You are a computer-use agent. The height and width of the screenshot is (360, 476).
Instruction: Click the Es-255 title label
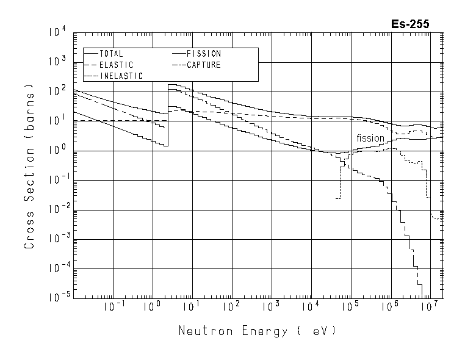pyautogui.click(x=410, y=24)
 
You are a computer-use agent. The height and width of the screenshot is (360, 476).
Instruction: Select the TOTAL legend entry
pyautogui.click(x=110, y=54)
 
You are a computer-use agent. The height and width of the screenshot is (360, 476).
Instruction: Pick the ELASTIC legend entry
pyautogui.click(x=115, y=65)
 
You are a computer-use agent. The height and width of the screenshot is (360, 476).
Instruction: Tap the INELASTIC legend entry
pyautogui.click(x=120, y=76)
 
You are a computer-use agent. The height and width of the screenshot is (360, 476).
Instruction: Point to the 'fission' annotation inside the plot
pyautogui.click(x=370, y=139)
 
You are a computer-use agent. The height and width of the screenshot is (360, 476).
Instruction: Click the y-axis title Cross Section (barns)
pyautogui.click(x=29, y=183)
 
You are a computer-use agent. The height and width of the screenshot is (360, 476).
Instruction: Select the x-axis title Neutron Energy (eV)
pyautogui.click(x=256, y=331)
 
